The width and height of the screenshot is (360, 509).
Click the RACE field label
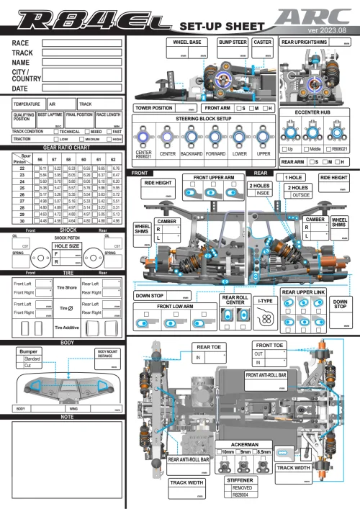[x=21, y=44]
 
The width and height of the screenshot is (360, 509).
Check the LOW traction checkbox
[x=55, y=138]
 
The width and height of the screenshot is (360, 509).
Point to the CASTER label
[x=263, y=42]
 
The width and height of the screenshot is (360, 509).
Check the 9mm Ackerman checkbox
[x=240, y=451]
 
